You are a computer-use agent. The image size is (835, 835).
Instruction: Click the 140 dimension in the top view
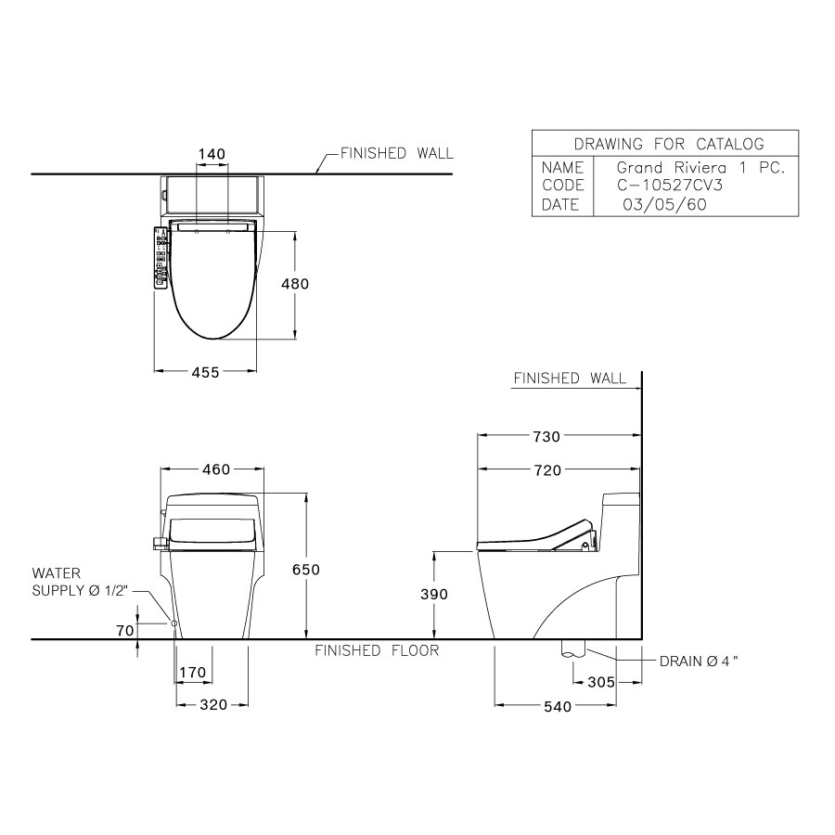tap(212, 153)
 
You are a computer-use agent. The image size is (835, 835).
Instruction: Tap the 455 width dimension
tap(205, 372)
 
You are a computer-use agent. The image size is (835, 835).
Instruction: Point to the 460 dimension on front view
tap(215, 470)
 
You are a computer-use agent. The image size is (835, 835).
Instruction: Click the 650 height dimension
tap(306, 570)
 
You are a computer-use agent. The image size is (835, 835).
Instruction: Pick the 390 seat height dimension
tap(434, 595)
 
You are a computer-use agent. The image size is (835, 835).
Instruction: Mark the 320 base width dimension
tap(213, 705)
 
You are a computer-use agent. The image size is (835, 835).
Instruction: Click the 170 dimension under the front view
tap(194, 672)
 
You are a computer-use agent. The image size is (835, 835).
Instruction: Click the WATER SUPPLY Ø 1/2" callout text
tap(79, 583)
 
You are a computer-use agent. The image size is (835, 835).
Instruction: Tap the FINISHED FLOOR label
tap(377, 651)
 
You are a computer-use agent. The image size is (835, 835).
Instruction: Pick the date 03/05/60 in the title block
tap(663, 205)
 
